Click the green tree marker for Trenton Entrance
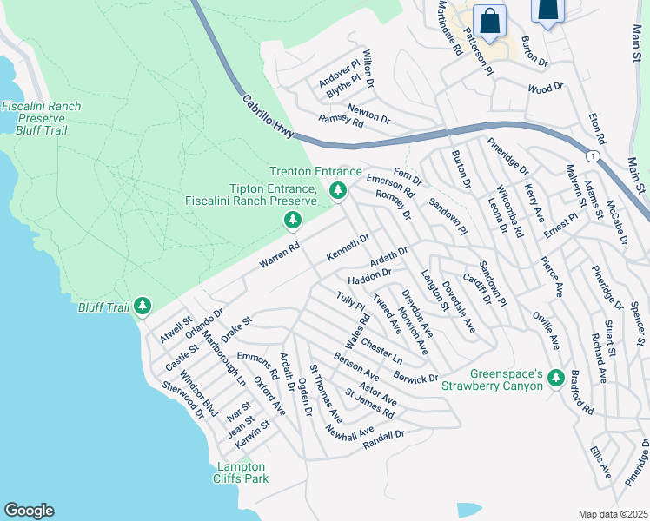pyautogui.click(x=338, y=190)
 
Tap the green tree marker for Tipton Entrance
pyautogui.click(x=294, y=221)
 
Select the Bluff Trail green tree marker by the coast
pyautogui.click(x=143, y=306)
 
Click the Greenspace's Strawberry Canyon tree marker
pyautogui.click(x=556, y=379)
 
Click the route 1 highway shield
pyautogui.click(x=592, y=155)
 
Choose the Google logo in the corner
pyautogui.click(x=29, y=511)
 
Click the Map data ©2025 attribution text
pyautogui.click(x=613, y=514)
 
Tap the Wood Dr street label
pyautogui.click(x=545, y=89)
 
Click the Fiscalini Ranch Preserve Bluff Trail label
pyautogui.click(x=41, y=118)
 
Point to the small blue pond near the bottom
pyautogui.click(x=468, y=509)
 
